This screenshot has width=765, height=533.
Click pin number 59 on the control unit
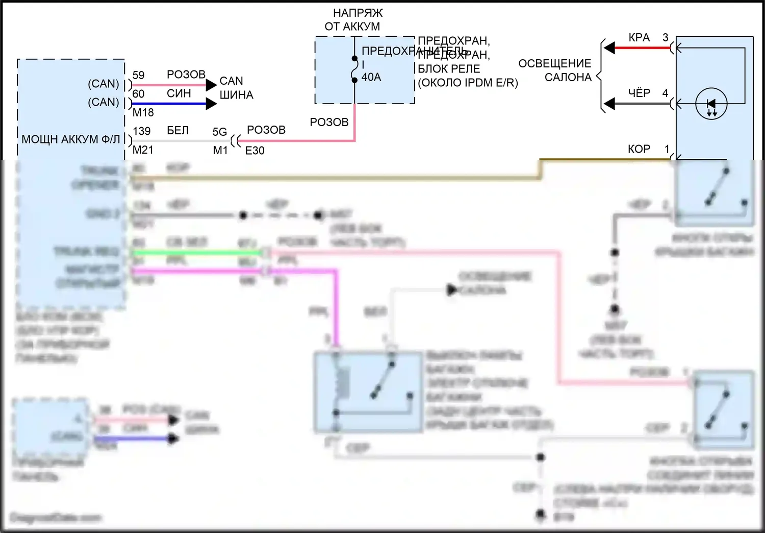click(x=138, y=75)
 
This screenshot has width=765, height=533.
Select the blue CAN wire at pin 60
click(x=168, y=104)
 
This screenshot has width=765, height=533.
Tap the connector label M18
click(x=143, y=112)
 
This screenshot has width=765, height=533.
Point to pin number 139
click(x=141, y=131)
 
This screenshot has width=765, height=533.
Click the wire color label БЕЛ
click(x=177, y=131)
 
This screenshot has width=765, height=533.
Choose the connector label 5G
click(x=219, y=132)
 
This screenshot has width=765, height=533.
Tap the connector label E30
click(x=254, y=151)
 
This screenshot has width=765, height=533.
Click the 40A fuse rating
click(x=371, y=77)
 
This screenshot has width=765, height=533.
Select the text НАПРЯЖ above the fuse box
click(x=358, y=13)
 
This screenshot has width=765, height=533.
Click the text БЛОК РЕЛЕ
click(x=449, y=69)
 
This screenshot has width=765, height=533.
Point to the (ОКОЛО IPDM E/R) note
click(x=468, y=83)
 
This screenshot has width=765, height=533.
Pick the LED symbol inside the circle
click(x=711, y=104)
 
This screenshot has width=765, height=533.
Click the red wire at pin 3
click(x=643, y=48)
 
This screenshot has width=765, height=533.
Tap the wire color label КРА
click(x=639, y=38)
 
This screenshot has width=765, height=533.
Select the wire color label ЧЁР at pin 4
click(x=639, y=93)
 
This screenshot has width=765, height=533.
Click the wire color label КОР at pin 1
click(x=639, y=149)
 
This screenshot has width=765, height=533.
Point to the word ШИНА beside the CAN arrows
click(x=236, y=95)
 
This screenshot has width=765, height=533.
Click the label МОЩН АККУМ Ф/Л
click(x=70, y=139)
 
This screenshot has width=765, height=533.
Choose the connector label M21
click(x=143, y=150)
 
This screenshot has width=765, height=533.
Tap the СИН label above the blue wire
click(x=178, y=93)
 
